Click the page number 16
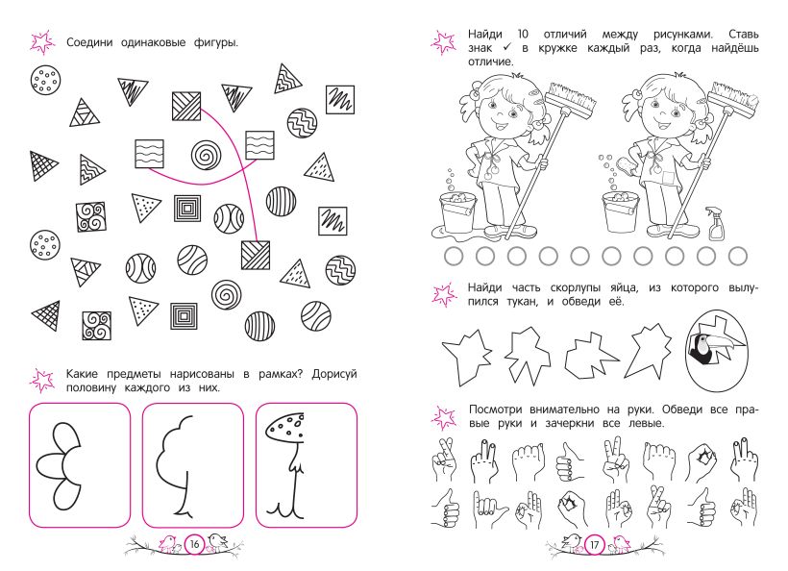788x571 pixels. [x=194, y=544]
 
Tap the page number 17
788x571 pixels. [x=595, y=545]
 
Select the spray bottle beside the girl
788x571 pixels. [x=716, y=223]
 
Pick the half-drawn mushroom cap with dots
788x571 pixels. [x=284, y=428]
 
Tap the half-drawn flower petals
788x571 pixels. [x=58, y=466]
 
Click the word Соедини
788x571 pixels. [x=90, y=42]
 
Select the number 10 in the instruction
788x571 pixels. [x=523, y=35]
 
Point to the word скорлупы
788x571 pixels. [x=575, y=288]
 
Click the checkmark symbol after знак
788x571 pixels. [x=507, y=48]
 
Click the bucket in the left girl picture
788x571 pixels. [x=458, y=211]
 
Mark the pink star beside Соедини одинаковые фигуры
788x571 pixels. [x=42, y=42]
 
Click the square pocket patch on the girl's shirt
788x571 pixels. [x=667, y=180]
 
